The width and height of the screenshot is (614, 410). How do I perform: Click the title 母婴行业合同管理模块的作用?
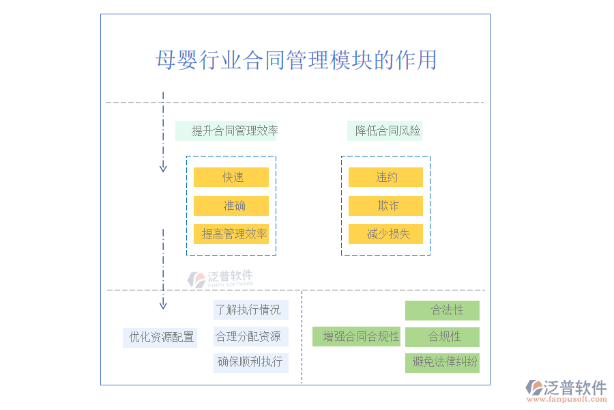point(296,60)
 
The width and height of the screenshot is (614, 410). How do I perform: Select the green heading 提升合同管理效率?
point(226,131)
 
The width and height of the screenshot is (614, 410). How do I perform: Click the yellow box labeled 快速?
point(231,177)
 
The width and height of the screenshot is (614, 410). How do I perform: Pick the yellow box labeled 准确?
point(231,206)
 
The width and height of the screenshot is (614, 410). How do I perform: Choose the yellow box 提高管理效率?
point(231,234)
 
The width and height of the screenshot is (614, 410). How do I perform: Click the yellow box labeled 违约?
point(385,177)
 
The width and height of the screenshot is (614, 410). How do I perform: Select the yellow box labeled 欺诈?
point(385,206)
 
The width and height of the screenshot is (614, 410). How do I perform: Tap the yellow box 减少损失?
point(385,234)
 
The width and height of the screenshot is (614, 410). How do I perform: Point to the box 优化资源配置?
point(160,338)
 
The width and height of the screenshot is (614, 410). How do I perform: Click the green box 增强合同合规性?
point(357,336)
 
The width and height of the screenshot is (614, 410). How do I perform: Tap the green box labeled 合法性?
point(442,310)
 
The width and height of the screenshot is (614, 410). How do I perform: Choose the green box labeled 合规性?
point(442,337)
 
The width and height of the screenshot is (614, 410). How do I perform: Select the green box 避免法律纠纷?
point(442,362)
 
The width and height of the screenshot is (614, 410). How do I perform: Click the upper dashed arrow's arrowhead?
point(163,167)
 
